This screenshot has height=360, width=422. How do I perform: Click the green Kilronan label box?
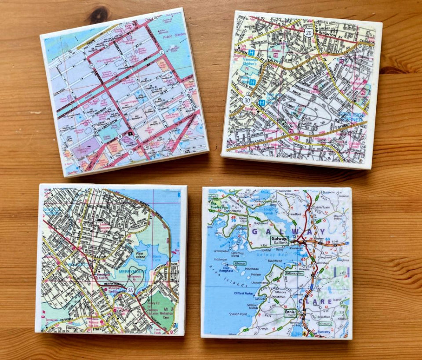(x=240, y=263)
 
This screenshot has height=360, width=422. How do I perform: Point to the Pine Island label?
(x=140, y=256)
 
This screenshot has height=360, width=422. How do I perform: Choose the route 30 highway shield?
(x=247, y=101)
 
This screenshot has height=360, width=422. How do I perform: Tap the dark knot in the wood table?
(x=98, y=15)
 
